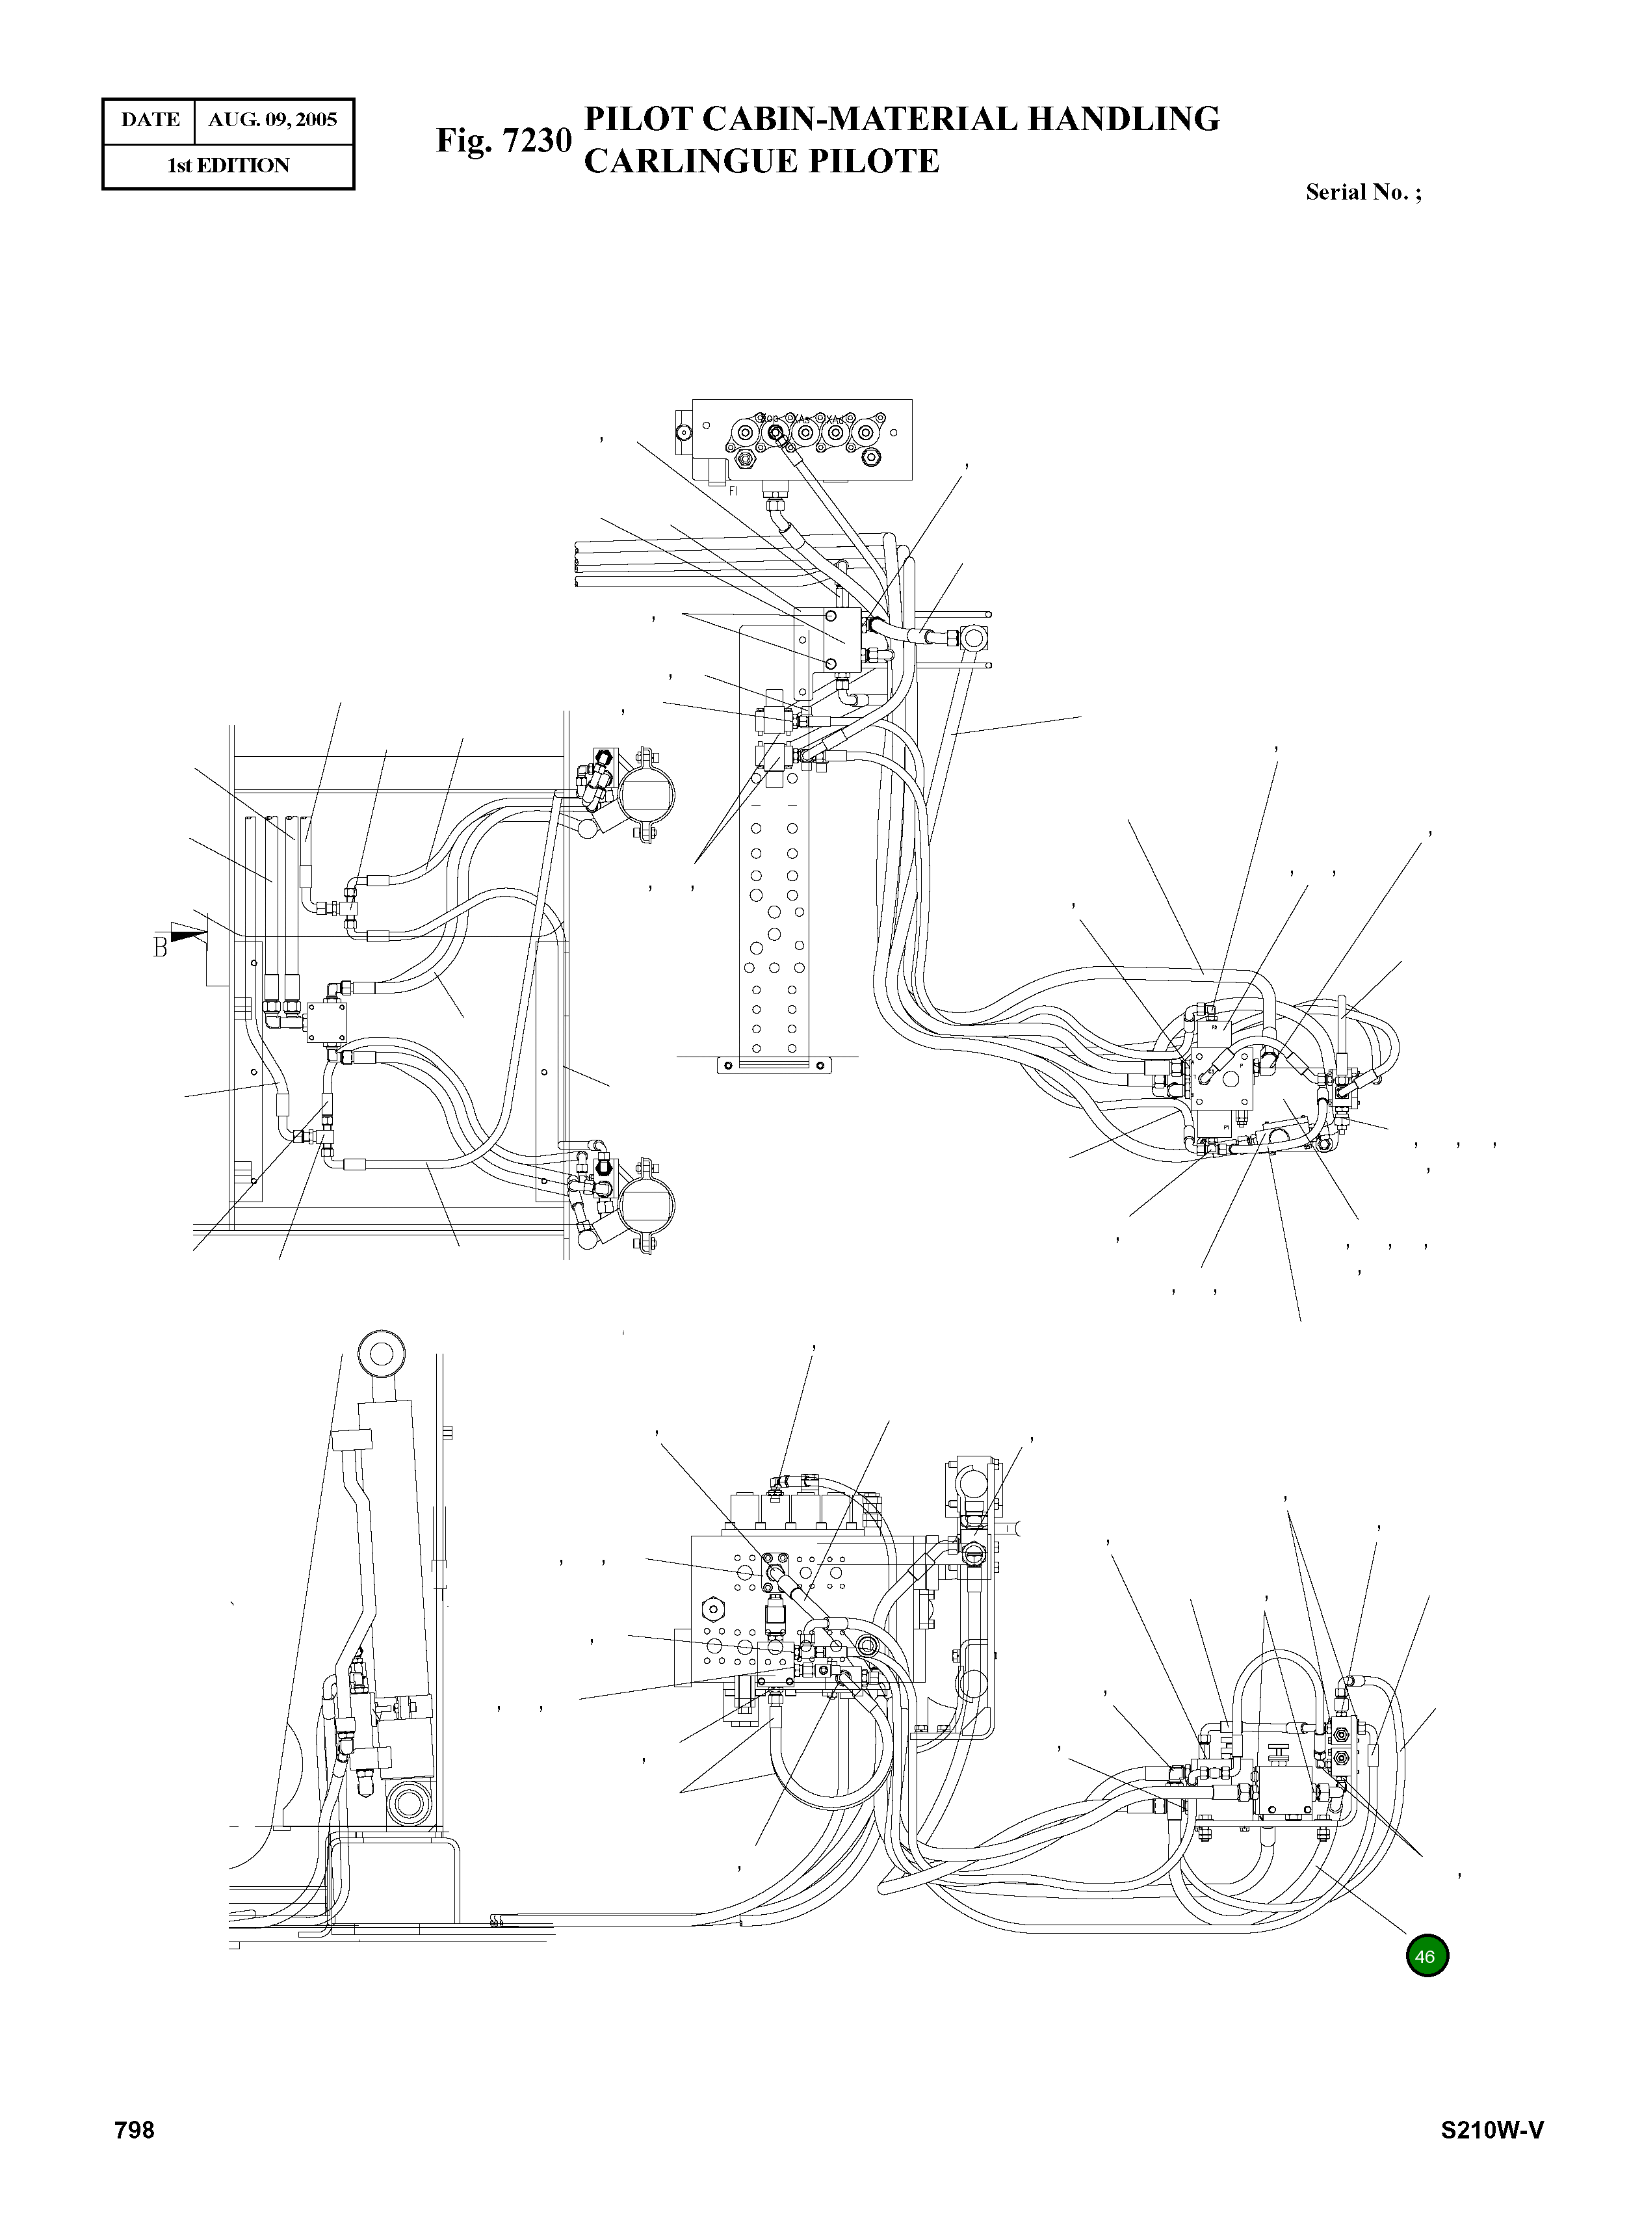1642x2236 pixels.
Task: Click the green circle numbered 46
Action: [x=1426, y=1956]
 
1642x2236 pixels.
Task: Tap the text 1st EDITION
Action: [x=228, y=166]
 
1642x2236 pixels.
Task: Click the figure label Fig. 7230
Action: [x=504, y=140]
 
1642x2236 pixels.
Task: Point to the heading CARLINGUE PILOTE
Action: [x=761, y=161]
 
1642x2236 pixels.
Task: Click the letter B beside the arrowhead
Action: [x=160, y=947]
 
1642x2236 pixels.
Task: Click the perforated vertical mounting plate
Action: [x=774, y=895]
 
